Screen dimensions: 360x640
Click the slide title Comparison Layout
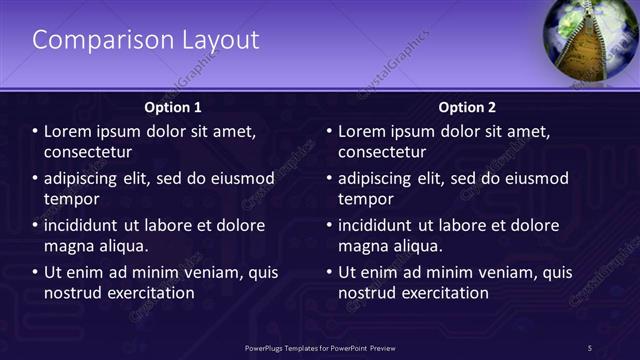146,40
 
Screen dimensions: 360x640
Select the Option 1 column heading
173,107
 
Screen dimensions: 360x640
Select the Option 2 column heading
467,107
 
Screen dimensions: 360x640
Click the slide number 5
590,347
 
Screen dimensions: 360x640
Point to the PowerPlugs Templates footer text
319,347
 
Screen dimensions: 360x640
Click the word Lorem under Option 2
362,131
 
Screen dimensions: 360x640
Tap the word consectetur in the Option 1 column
88,152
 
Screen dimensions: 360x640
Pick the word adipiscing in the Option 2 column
380,179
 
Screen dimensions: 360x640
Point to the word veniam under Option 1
207,272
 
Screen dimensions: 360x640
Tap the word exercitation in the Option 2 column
442,293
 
